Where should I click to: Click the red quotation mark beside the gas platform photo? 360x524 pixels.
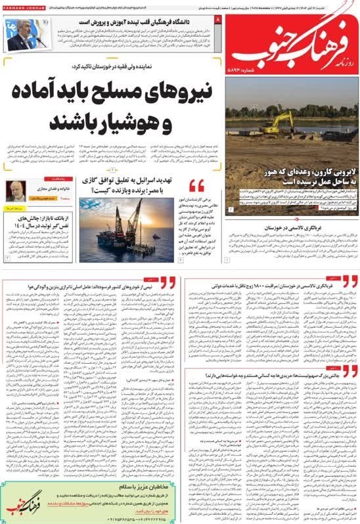click(x=196, y=186)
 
